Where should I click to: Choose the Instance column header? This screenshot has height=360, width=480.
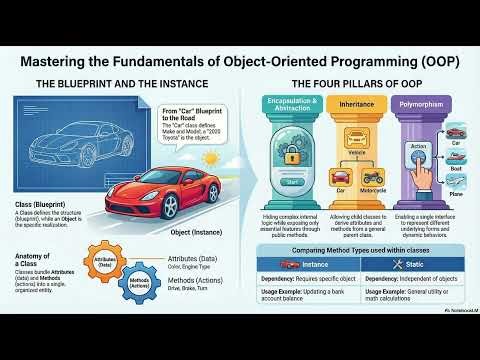[x=318, y=264]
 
